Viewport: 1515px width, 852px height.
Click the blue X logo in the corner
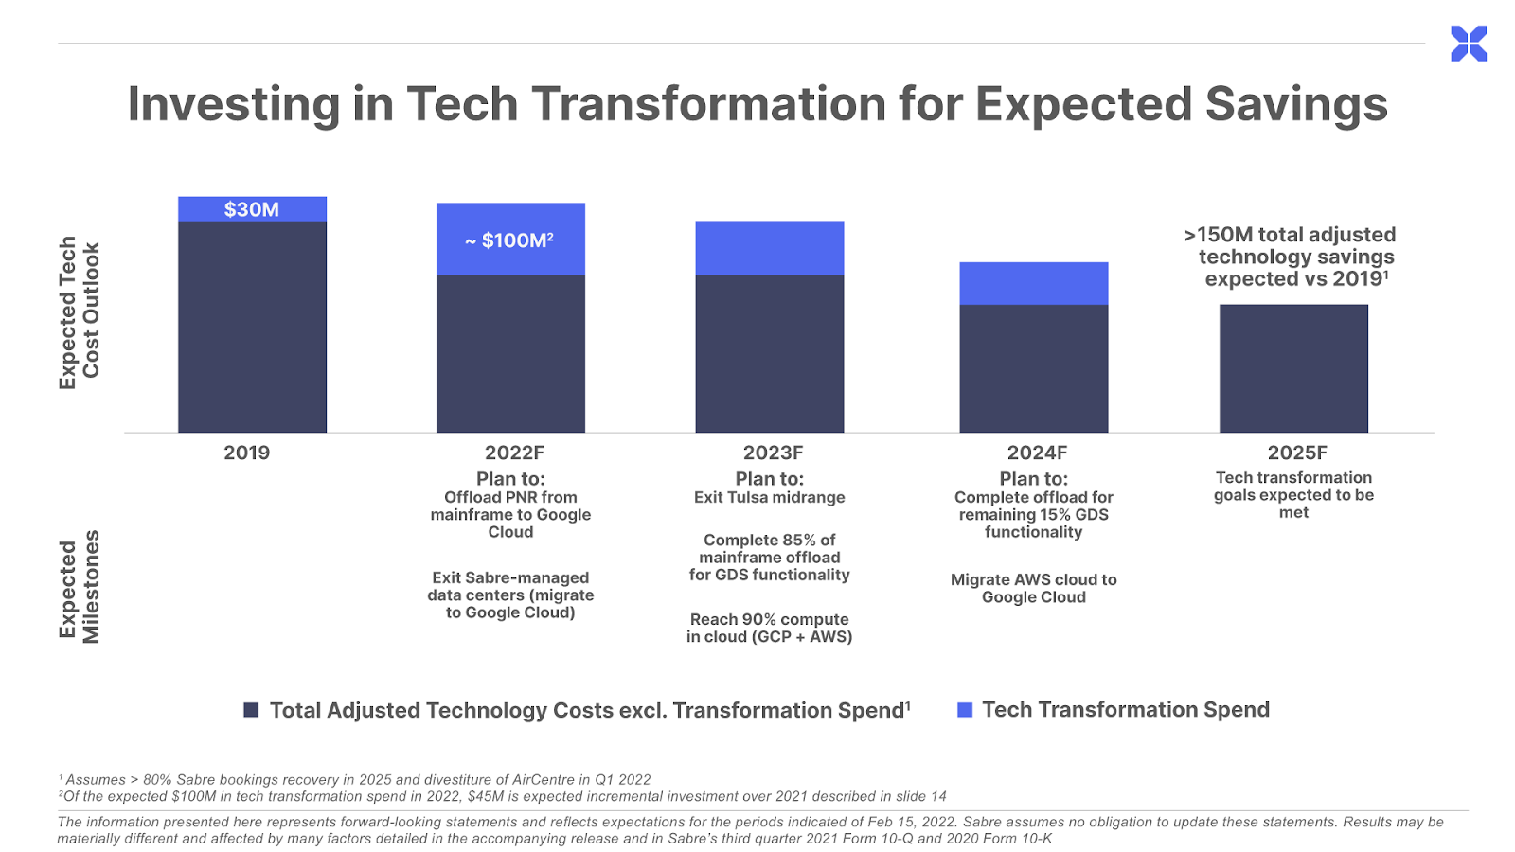1469,44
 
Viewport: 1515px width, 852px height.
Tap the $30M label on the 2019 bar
252,209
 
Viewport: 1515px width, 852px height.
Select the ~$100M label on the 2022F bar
509,240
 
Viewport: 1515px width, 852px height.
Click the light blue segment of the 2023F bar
770,247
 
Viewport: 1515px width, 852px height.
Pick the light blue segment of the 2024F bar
1033,283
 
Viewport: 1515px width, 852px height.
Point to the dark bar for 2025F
1293,368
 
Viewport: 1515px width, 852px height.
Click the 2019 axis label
247,453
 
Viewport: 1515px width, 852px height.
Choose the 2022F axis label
514,453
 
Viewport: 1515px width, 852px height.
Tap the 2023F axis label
773,453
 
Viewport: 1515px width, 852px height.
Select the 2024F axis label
1037,453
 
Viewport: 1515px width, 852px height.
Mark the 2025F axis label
1297,453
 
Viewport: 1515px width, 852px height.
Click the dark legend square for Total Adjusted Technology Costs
251,710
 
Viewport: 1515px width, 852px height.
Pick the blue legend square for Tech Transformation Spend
965,710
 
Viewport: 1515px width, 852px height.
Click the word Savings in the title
1296,106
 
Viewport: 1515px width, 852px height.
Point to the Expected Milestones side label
80,586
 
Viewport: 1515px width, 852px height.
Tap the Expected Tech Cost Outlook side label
80,312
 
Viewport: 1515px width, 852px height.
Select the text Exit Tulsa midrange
770,498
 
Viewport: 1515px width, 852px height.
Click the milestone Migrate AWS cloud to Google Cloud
1033,588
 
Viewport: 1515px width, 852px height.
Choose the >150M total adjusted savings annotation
1290,257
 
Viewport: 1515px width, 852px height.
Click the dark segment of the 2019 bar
252,328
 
